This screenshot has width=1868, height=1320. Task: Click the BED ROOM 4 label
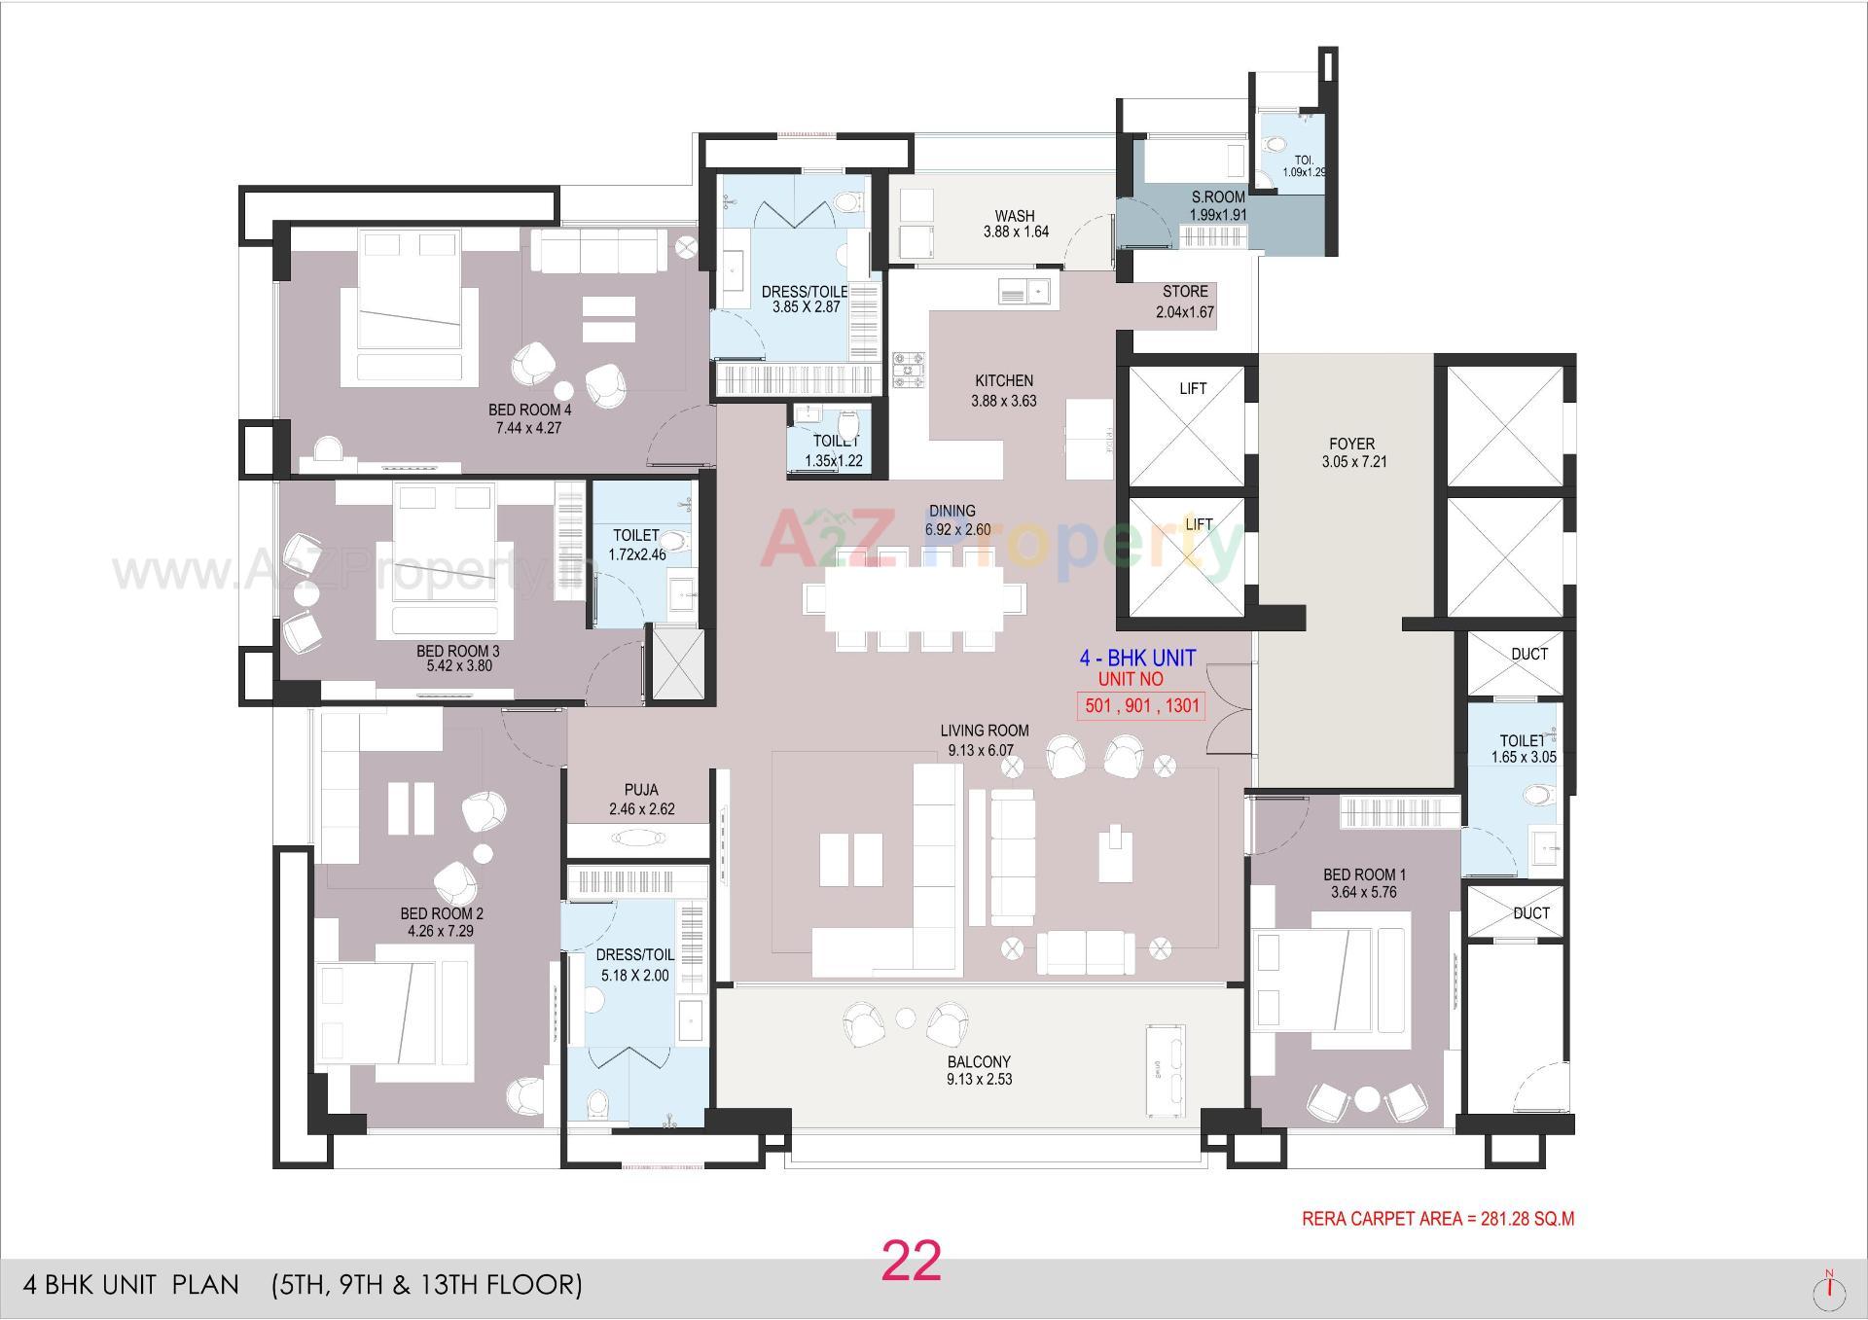(x=529, y=410)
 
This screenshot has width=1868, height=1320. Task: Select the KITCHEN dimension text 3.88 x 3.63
(x=1004, y=401)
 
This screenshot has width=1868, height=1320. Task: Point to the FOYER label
(x=1351, y=444)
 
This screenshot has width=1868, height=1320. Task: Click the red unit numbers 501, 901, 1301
(x=1141, y=706)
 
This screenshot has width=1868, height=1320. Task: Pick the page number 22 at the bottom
(x=912, y=1262)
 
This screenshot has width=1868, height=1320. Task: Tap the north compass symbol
(x=1830, y=1290)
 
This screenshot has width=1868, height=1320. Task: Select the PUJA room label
(x=641, y=790)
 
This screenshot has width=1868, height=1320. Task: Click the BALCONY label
(x=979, y=1062)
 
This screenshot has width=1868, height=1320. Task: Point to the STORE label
(x=1185, y=292)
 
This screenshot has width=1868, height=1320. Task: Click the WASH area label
(x=1015, y=216)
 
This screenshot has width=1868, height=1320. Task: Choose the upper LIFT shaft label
(x=1193, y=389)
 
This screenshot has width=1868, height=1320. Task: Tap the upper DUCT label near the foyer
(x=1528, y=655)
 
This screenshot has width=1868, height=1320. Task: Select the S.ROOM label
(x=1218, y=197)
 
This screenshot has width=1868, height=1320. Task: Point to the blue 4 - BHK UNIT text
(x=1137, y=659)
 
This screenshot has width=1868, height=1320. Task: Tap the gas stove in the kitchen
(x=909, y=371)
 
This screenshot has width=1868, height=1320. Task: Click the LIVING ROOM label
(x=984, y=731)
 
